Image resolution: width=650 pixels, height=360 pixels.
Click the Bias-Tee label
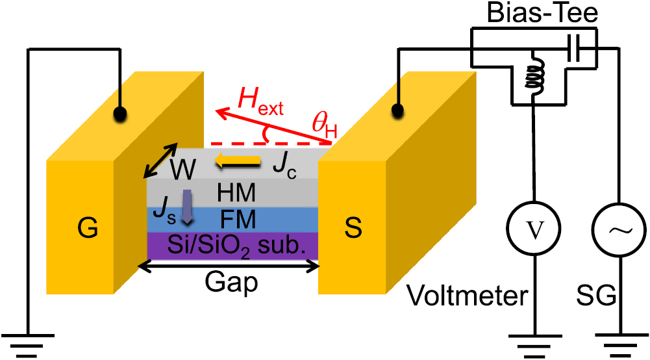(x=542, y=12)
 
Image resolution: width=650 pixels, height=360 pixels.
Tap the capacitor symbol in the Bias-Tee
(x=575, y=48)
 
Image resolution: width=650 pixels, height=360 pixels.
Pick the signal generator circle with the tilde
(x=619, y=229)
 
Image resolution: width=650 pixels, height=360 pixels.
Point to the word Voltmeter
(x=467, y=296)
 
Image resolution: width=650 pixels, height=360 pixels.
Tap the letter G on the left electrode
(x=88, y=227)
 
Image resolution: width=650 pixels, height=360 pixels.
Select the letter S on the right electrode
(x=353, y=227)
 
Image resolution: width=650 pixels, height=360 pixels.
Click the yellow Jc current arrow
(x=238, y=161)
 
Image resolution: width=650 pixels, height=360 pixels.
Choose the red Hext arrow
(x=273, y=126)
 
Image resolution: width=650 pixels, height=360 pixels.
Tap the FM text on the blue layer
(x=238, y=220)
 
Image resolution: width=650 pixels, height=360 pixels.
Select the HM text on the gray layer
(x=236, y=193)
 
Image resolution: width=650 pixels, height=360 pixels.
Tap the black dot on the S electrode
(x=397, y=110)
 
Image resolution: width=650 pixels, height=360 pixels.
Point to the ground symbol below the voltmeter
(x=535, y=345)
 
